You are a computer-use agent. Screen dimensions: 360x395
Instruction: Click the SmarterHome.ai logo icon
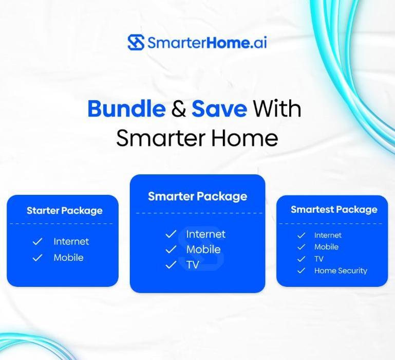click(x=136, y=42)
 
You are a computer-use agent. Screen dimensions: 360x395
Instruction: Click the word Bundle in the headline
click(x=126, y=109)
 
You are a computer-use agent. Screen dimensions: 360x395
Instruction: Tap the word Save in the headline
click(x=219, y=109)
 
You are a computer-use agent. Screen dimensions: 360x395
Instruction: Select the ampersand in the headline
click(x=178, y=109)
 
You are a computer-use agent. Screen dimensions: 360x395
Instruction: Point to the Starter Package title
click(x=64, y=210)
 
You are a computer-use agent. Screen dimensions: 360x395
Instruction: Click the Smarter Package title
click(x=197, y=196)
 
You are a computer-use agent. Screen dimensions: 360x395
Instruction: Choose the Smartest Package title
click(x=334, y=209)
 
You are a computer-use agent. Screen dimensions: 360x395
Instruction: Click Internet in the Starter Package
click(x=71, y=241)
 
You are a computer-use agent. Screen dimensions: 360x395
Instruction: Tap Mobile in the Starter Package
click(x=68, y=257)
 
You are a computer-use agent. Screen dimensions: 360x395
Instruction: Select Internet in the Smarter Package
click(x=205, y=234)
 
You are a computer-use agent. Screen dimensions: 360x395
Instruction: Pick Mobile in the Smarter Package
click(x=203, y=249)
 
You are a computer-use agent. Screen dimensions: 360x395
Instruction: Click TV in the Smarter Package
click(x=193, y=265)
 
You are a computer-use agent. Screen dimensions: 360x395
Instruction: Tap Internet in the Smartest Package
click(x=328, y=235)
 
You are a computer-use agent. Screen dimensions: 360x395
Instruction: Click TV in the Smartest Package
click(x=319, y=259)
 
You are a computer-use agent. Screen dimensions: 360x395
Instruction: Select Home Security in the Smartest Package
click(x=341, y=271)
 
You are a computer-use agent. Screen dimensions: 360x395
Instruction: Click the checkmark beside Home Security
click(x=302, y=271)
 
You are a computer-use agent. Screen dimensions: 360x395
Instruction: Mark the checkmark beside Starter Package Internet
click(x=37, y=241)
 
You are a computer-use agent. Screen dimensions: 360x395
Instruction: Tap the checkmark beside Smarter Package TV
click(x=171, y=265)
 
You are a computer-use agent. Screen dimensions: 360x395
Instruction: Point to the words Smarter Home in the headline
click(x=197, y=138)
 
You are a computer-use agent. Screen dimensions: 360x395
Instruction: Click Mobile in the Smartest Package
click(x=326, y=247)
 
